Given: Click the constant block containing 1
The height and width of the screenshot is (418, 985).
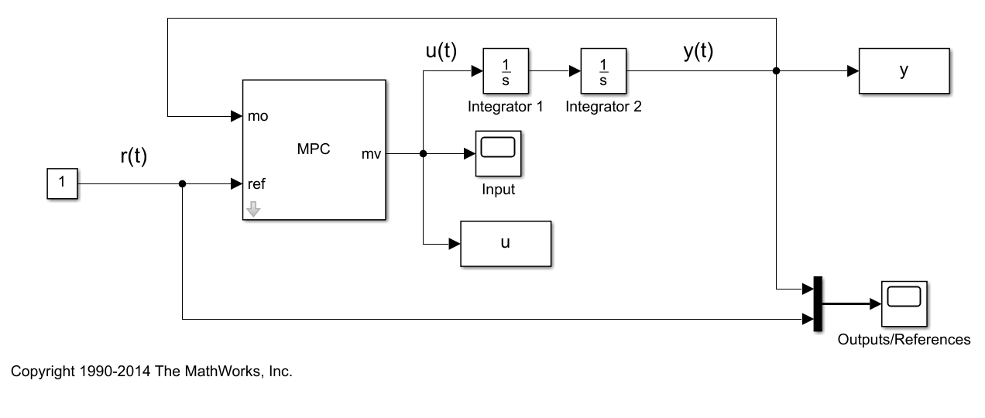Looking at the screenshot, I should (62, 184).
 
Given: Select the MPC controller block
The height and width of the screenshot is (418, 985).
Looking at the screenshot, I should (314, 149).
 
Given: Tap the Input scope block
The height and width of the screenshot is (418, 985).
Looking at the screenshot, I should (498, 153).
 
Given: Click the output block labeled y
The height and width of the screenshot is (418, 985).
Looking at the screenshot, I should (904, 71).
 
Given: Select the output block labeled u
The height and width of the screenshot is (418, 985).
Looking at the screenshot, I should (506, 243).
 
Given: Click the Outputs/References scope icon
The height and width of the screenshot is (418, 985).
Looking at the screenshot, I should (904, 303).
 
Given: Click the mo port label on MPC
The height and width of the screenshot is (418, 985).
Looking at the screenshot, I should (258, 117).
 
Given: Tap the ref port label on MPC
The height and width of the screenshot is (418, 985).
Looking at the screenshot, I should (256, 184).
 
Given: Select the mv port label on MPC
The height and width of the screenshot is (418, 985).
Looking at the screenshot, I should (371, 153).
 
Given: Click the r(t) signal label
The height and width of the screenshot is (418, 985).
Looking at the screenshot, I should (134, 156).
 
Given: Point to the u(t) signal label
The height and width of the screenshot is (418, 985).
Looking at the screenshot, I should (441, 52).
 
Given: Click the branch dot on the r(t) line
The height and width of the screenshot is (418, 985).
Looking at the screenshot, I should (182, 184).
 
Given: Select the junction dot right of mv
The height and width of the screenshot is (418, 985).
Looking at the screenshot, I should (423, 153).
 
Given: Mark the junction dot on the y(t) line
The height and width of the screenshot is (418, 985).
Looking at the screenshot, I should (776, 71).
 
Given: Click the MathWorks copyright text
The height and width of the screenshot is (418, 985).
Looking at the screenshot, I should (152, 372).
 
